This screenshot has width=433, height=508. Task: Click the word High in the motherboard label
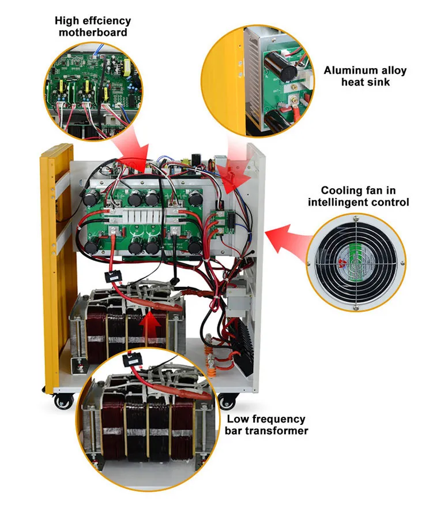coord(66,21)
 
